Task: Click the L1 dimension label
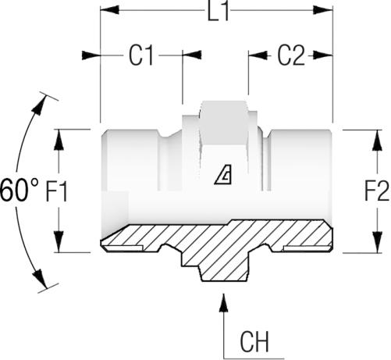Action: [x=219, y=12]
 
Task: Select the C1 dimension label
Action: [x=141, y=55]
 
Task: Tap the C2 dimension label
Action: [x=291, y=55]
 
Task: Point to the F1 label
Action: [x=57, y=192]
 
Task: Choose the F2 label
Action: [x=377, y=191]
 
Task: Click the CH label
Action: [x=254, y=341]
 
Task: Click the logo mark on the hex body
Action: [x=223, y=175]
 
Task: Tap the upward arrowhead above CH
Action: [x=224, y=302]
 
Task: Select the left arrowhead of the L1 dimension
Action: [x=109, y=10]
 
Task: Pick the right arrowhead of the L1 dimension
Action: [x=323, y=10]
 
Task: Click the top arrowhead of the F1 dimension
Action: [x=59, y=139]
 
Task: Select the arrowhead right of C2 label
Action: [x=323, y=55]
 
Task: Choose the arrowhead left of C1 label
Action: [x=91, y=55]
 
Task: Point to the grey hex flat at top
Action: [x=224, y=121]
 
